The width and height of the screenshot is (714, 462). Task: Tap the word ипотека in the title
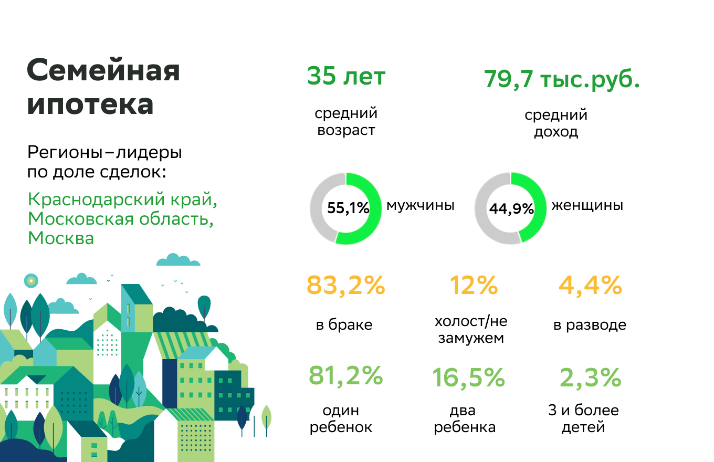90,105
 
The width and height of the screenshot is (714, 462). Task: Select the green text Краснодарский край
122,200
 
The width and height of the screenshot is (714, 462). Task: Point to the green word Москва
61,238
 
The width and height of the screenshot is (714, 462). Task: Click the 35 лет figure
346,77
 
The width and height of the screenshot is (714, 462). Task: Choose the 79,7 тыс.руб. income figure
562,79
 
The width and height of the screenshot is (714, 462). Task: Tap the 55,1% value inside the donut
348,208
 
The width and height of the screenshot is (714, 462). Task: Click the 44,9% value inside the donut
511,209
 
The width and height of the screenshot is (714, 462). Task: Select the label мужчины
421,205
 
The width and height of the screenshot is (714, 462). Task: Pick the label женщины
587,205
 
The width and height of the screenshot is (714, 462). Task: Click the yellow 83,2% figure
346,286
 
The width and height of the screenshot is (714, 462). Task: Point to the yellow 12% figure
474,286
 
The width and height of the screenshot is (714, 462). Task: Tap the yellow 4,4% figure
590,286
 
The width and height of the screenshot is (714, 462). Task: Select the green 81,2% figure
346,376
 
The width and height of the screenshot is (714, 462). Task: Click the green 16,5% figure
468,377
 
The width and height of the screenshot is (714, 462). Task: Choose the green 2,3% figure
590,377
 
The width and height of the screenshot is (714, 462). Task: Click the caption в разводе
590,325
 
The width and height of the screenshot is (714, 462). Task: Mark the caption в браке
344,325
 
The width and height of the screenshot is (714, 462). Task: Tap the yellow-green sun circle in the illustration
31,281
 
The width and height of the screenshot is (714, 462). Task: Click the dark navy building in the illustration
170,383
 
